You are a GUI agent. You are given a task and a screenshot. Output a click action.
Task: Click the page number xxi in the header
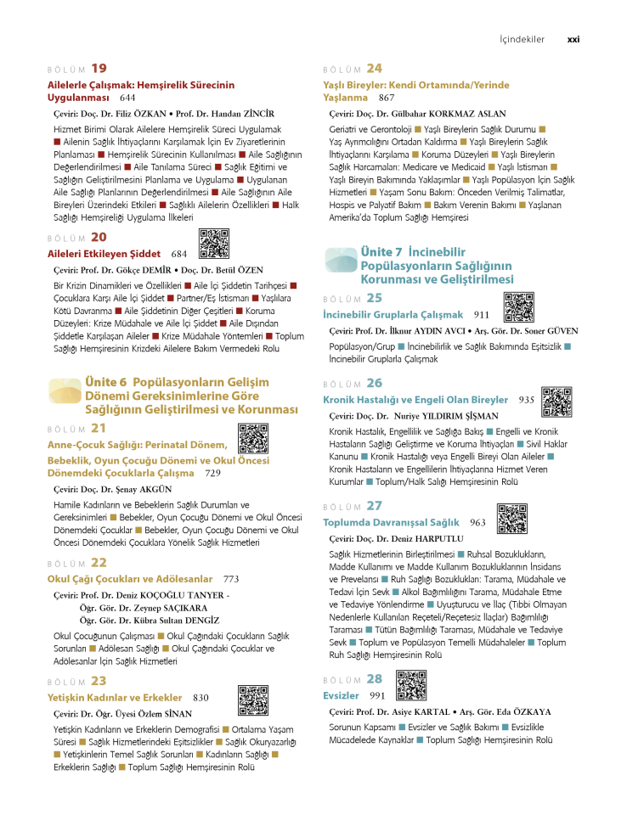point(573,39)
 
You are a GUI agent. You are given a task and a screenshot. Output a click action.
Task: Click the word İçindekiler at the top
point(522,39)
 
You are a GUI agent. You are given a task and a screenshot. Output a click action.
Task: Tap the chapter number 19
point(99,68)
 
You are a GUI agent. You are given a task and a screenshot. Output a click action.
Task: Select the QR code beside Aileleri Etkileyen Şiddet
point(214,243)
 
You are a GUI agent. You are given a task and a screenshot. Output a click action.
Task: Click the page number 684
point(178,253)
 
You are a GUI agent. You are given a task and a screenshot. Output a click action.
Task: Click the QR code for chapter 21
point(253,439)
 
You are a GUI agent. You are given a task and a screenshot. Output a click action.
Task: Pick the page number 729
point(212,473)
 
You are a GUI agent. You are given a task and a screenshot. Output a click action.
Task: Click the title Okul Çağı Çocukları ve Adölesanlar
point(130,579)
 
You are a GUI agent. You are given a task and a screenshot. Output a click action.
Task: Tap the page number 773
point(230,579)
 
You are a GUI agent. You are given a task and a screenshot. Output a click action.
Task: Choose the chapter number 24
point(375,68)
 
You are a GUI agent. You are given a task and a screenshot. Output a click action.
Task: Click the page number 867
point(387,98)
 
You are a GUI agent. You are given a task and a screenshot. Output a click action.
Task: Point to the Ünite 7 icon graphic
point(340,260)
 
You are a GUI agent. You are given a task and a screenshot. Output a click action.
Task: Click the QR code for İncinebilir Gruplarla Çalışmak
point(518,306)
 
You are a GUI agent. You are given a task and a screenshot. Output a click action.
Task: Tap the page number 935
point(526,400)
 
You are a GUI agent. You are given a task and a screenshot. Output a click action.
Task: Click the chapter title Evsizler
point(341,695)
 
